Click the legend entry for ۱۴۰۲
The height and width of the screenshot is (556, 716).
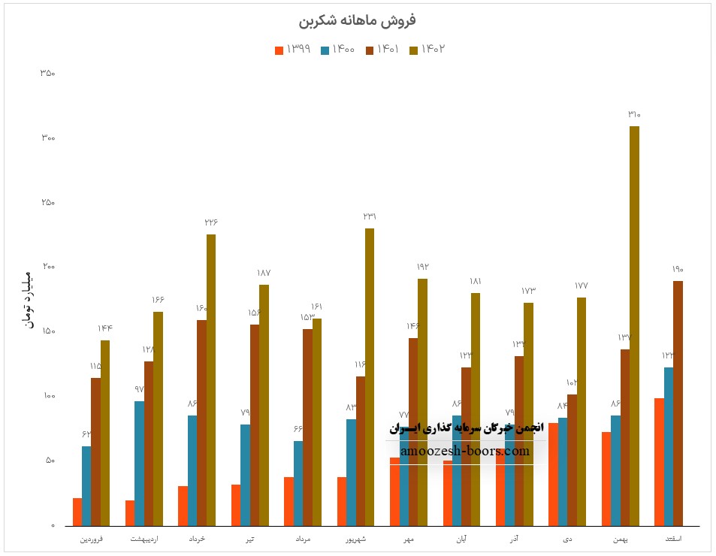pos(427,50)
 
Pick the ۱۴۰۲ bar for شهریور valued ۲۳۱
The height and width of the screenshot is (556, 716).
pos(370,376)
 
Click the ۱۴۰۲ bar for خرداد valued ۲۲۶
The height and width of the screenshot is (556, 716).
pos(211,379)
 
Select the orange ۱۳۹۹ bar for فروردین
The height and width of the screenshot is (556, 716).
pos(77,512)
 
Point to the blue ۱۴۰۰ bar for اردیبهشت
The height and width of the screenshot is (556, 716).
pos(139,463)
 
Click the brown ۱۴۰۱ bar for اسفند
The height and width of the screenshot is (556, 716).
pos(678,403)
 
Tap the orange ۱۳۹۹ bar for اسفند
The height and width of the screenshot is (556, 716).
pos(659,461)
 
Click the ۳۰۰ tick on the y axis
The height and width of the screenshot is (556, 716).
pos(48,138)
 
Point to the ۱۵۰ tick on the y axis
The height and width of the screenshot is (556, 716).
pos(48,331)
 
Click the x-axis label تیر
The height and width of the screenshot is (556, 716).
pos(249,539)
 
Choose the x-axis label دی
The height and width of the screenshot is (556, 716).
pos(567,539)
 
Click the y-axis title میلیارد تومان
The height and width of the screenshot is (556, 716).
pos(29,298)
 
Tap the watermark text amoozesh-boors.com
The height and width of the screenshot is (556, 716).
pos(465,452)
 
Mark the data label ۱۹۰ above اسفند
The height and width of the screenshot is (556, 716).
pos(678,269)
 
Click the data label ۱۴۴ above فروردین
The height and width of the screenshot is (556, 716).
pos(105,328)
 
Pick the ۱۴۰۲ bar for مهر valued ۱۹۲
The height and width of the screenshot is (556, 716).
pos(422,402)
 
